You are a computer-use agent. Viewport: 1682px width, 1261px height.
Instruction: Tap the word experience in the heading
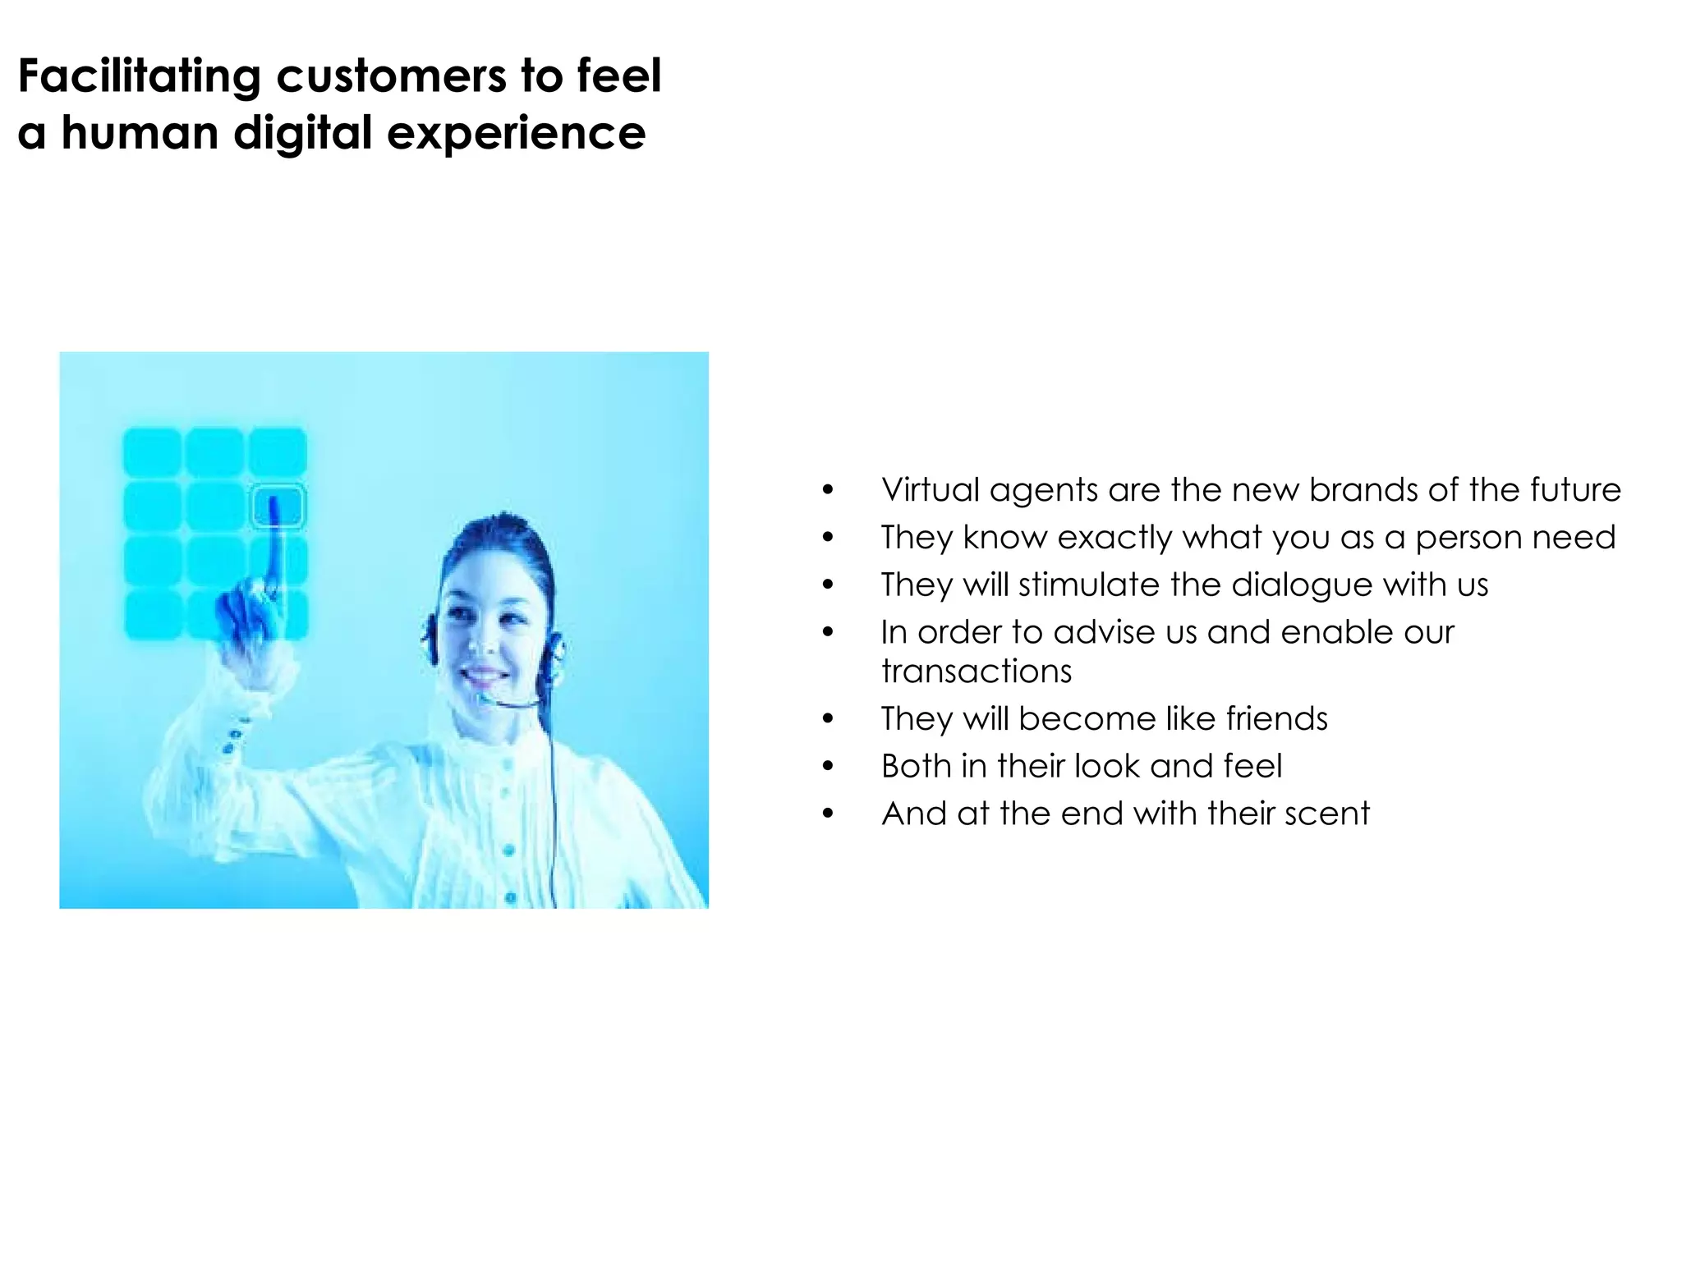pos(516,134)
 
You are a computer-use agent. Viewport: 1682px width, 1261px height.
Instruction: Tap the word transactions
pos(976,672)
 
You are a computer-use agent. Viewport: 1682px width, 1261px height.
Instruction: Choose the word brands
pos(1363,490)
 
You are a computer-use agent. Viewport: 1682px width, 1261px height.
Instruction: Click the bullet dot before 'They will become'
pos(828,719)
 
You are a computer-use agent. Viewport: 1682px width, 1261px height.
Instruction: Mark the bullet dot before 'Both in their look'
pos(828,767)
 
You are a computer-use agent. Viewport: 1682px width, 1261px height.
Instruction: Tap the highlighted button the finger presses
pos(278,506)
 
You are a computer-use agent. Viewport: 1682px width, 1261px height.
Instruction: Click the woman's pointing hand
pos(246,624)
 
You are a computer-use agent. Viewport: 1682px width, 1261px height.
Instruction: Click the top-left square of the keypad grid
pos(152,451)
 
